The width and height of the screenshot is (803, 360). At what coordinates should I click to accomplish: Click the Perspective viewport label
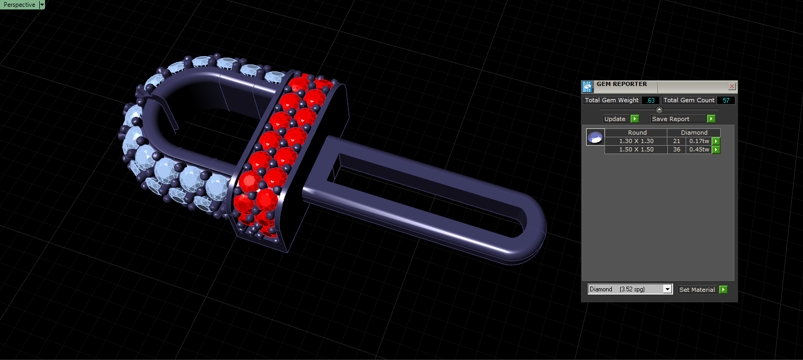click(19, 5)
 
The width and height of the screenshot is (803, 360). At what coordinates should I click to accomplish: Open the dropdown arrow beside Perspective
click(42, 5)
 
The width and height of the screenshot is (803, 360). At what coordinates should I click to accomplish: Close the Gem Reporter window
click(732, 86)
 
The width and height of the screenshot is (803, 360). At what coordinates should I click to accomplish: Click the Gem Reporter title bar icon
click(587, 86)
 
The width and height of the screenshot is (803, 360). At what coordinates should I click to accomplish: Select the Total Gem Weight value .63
click(650, 101)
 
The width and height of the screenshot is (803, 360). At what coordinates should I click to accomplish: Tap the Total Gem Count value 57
click(726, 101)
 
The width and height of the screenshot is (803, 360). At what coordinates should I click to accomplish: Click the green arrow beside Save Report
click(711, 118)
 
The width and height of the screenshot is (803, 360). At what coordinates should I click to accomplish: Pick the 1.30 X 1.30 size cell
click(636, 141)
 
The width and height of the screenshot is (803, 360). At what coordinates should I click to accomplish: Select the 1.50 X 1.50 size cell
click(636, 149)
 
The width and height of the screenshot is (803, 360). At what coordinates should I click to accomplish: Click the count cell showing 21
click(676, 141)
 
